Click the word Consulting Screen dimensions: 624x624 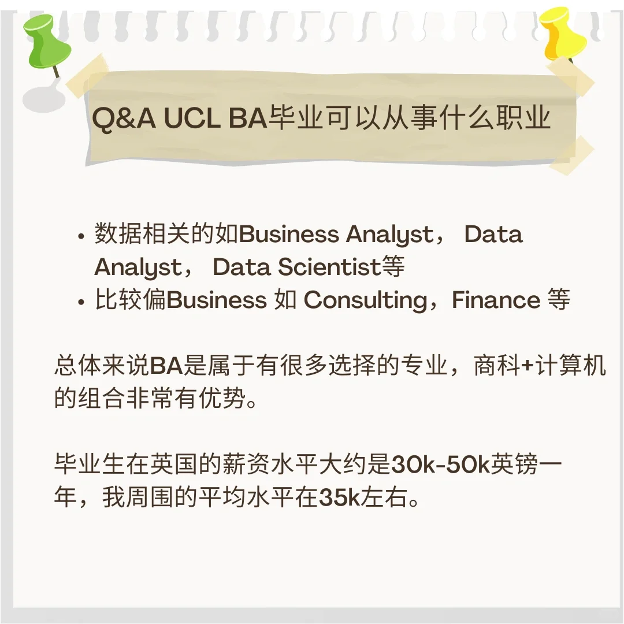[x=365, y=301]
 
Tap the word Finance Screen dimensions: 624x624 [x=496, y=301]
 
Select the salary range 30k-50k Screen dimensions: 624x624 [x=440, y=465]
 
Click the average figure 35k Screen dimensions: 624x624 [x=340, y=498]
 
